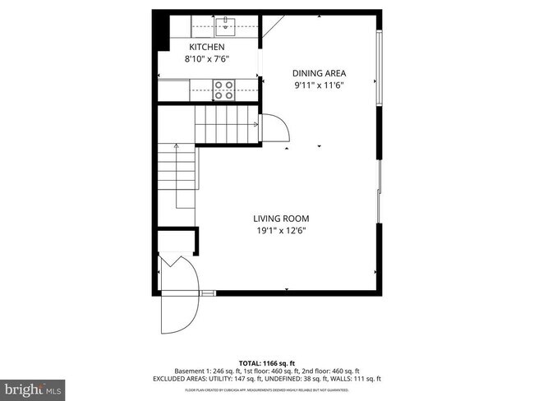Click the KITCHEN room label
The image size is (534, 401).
(207, 48)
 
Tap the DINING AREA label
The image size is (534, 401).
(319, 72)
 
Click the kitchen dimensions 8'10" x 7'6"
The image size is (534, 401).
(207, 58)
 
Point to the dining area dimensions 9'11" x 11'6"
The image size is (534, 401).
(319, 84)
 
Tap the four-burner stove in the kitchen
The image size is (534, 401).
(223, 89)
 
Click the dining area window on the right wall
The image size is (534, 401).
(378, 69)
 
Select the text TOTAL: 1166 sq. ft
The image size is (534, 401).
(267, 362)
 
